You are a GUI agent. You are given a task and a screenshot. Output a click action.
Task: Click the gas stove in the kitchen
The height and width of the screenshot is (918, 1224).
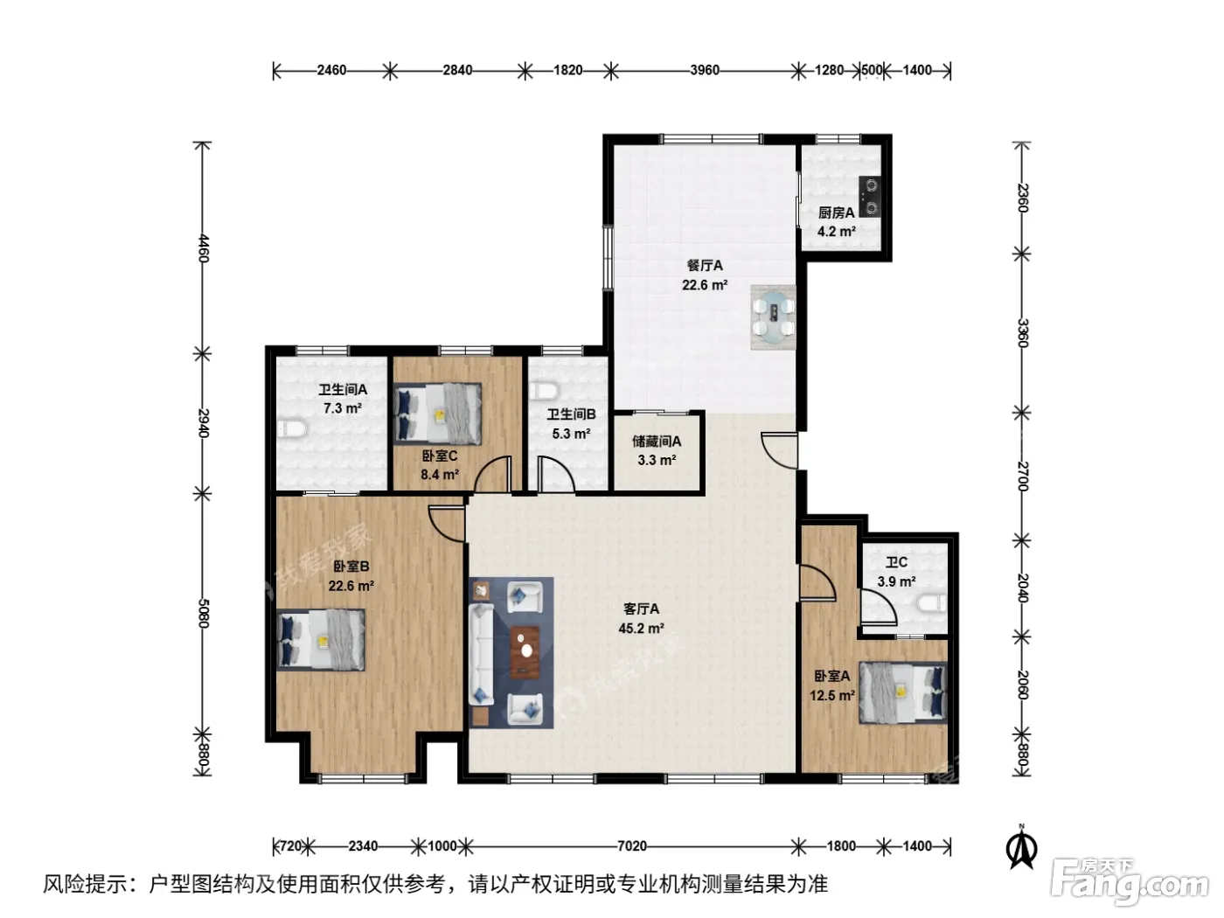tap(870, 196)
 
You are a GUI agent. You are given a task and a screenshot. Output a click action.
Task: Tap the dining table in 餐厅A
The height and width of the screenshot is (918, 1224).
tap(775, 317)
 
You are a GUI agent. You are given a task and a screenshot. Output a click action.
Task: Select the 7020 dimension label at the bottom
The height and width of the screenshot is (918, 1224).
tap(632, 846)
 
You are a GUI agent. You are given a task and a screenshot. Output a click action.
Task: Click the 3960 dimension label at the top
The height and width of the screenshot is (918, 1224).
tap(705, 70)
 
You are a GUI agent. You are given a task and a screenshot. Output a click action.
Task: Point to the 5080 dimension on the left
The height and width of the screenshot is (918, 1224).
tap(204, 613)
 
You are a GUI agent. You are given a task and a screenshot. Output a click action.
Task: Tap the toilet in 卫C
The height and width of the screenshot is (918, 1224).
tap(932, 603)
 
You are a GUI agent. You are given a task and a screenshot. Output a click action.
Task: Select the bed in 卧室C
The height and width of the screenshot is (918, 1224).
tap(438, 414)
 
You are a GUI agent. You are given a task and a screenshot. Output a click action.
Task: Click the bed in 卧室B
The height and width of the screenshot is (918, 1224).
tap(321, 639)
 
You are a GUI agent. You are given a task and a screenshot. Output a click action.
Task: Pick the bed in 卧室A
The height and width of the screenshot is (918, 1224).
tap(903, 692)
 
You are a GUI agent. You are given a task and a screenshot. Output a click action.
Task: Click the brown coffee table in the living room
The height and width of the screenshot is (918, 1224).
tap(525, 653)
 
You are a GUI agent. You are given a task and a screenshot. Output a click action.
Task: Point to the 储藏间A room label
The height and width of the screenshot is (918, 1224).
tap(657, 442)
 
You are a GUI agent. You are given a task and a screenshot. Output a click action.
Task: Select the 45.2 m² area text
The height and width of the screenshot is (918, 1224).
tap(641, 628)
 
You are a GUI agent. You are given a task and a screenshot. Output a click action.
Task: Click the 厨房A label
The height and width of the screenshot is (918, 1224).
tap(836, 212)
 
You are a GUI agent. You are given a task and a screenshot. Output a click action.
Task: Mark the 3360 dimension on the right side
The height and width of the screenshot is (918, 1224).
tap(1022, 333)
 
